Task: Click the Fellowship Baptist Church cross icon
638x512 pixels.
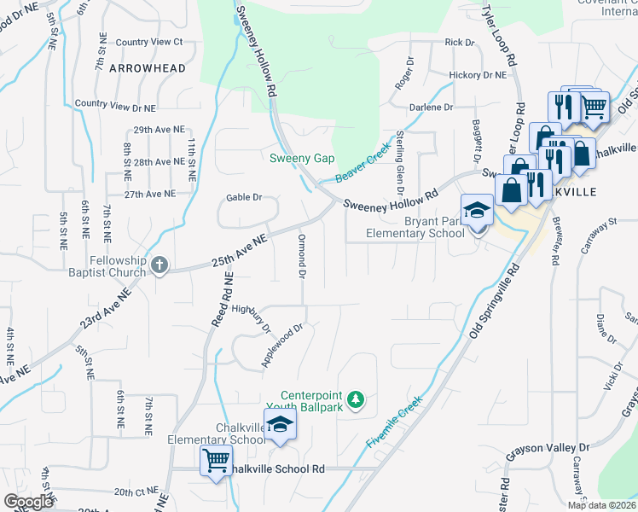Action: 159,265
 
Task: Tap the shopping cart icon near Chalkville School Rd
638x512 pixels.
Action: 216,462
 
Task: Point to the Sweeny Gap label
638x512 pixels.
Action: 302,159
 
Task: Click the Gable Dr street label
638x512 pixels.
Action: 243,197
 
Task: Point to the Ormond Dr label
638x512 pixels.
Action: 301,254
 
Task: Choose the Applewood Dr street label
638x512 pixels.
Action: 282,346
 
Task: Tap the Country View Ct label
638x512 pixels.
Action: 149,41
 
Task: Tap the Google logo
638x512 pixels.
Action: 29,502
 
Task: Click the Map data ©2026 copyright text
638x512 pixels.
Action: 601,505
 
